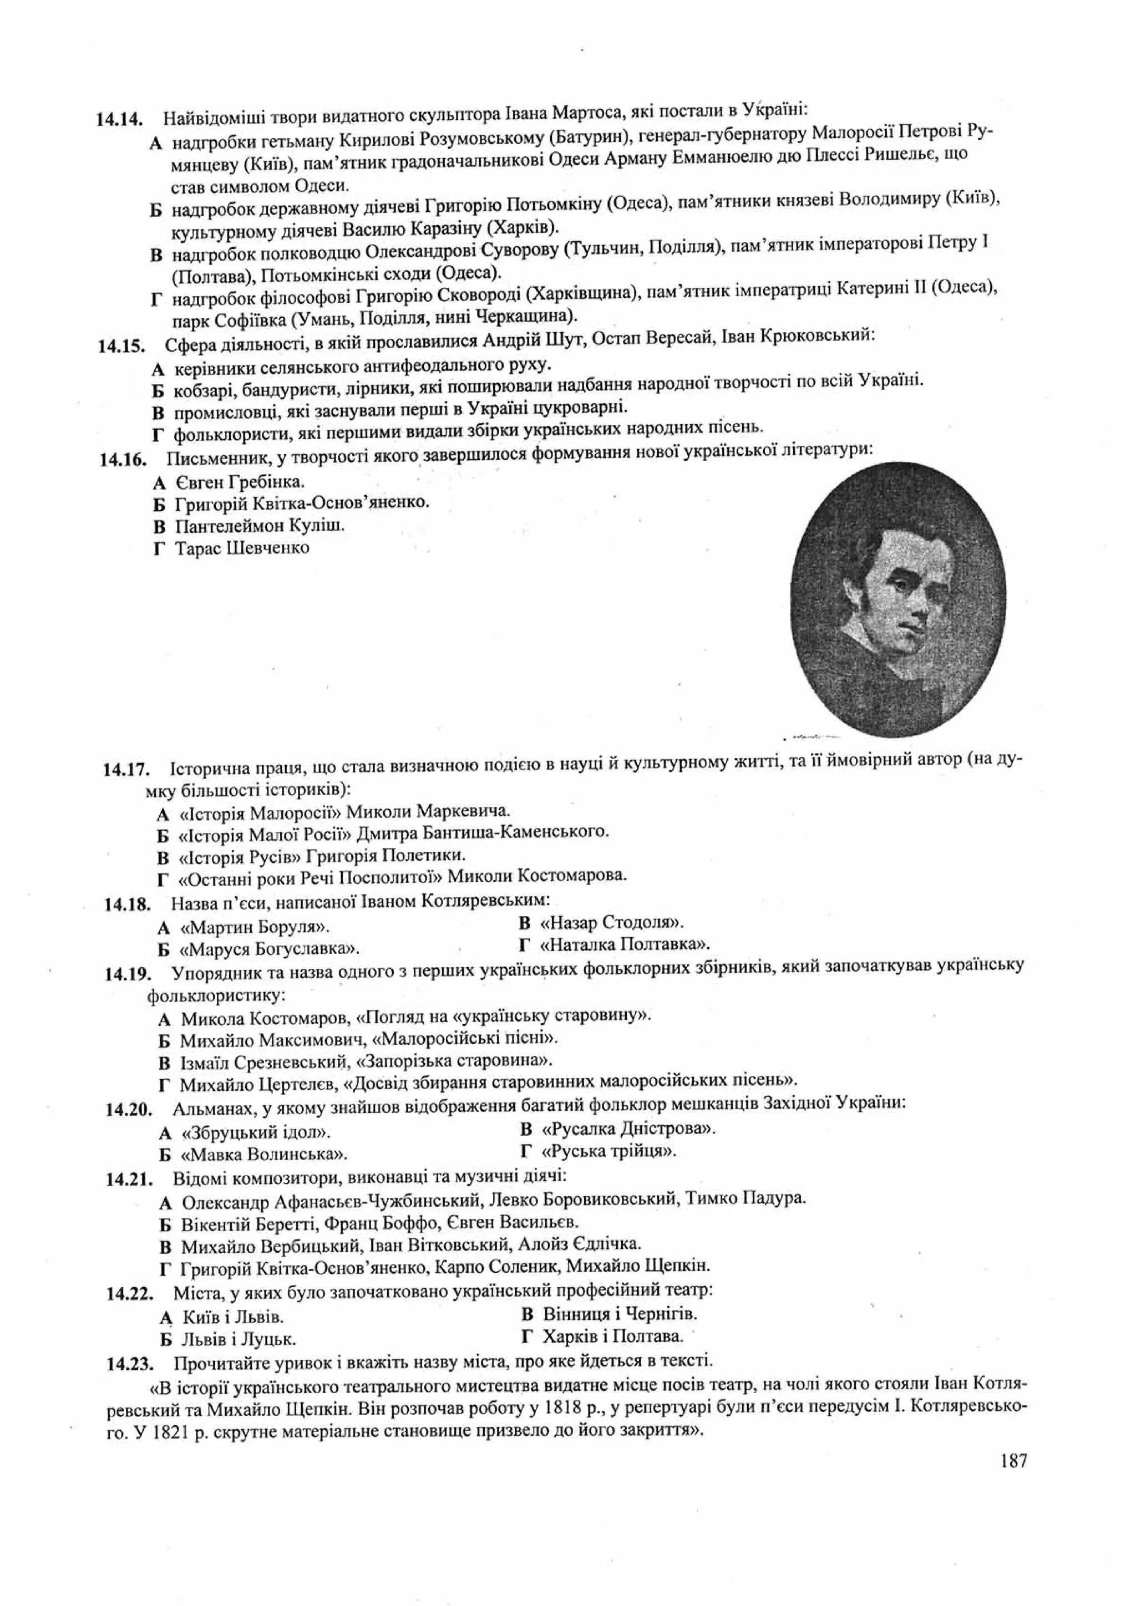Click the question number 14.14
click(x=120, y=119)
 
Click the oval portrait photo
click(x=898, y=599)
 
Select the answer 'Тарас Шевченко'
click(x=241, y=548)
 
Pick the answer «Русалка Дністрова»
click(x=627, y=1129)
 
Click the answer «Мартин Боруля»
click(x=255, y=928)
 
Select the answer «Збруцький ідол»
click(x=255, y=1132)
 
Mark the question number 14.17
click(x=126, y=771)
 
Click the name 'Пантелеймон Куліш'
click(x=260, y=526)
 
